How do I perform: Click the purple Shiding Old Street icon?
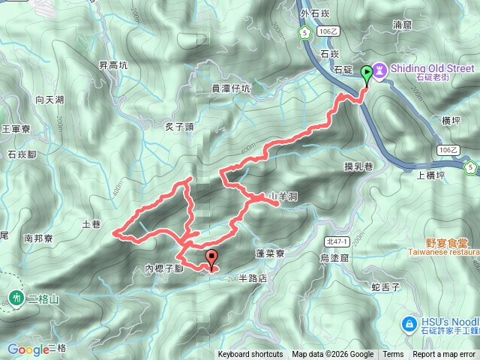coord(380,70)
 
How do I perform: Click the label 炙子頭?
coord(179,127)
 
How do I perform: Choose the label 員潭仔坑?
coord(232,88)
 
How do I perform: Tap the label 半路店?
coord(252,277)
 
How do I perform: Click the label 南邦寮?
coord(39,238)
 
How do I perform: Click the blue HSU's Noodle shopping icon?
coord(409,324)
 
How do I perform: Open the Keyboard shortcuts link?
coord(250,355)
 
